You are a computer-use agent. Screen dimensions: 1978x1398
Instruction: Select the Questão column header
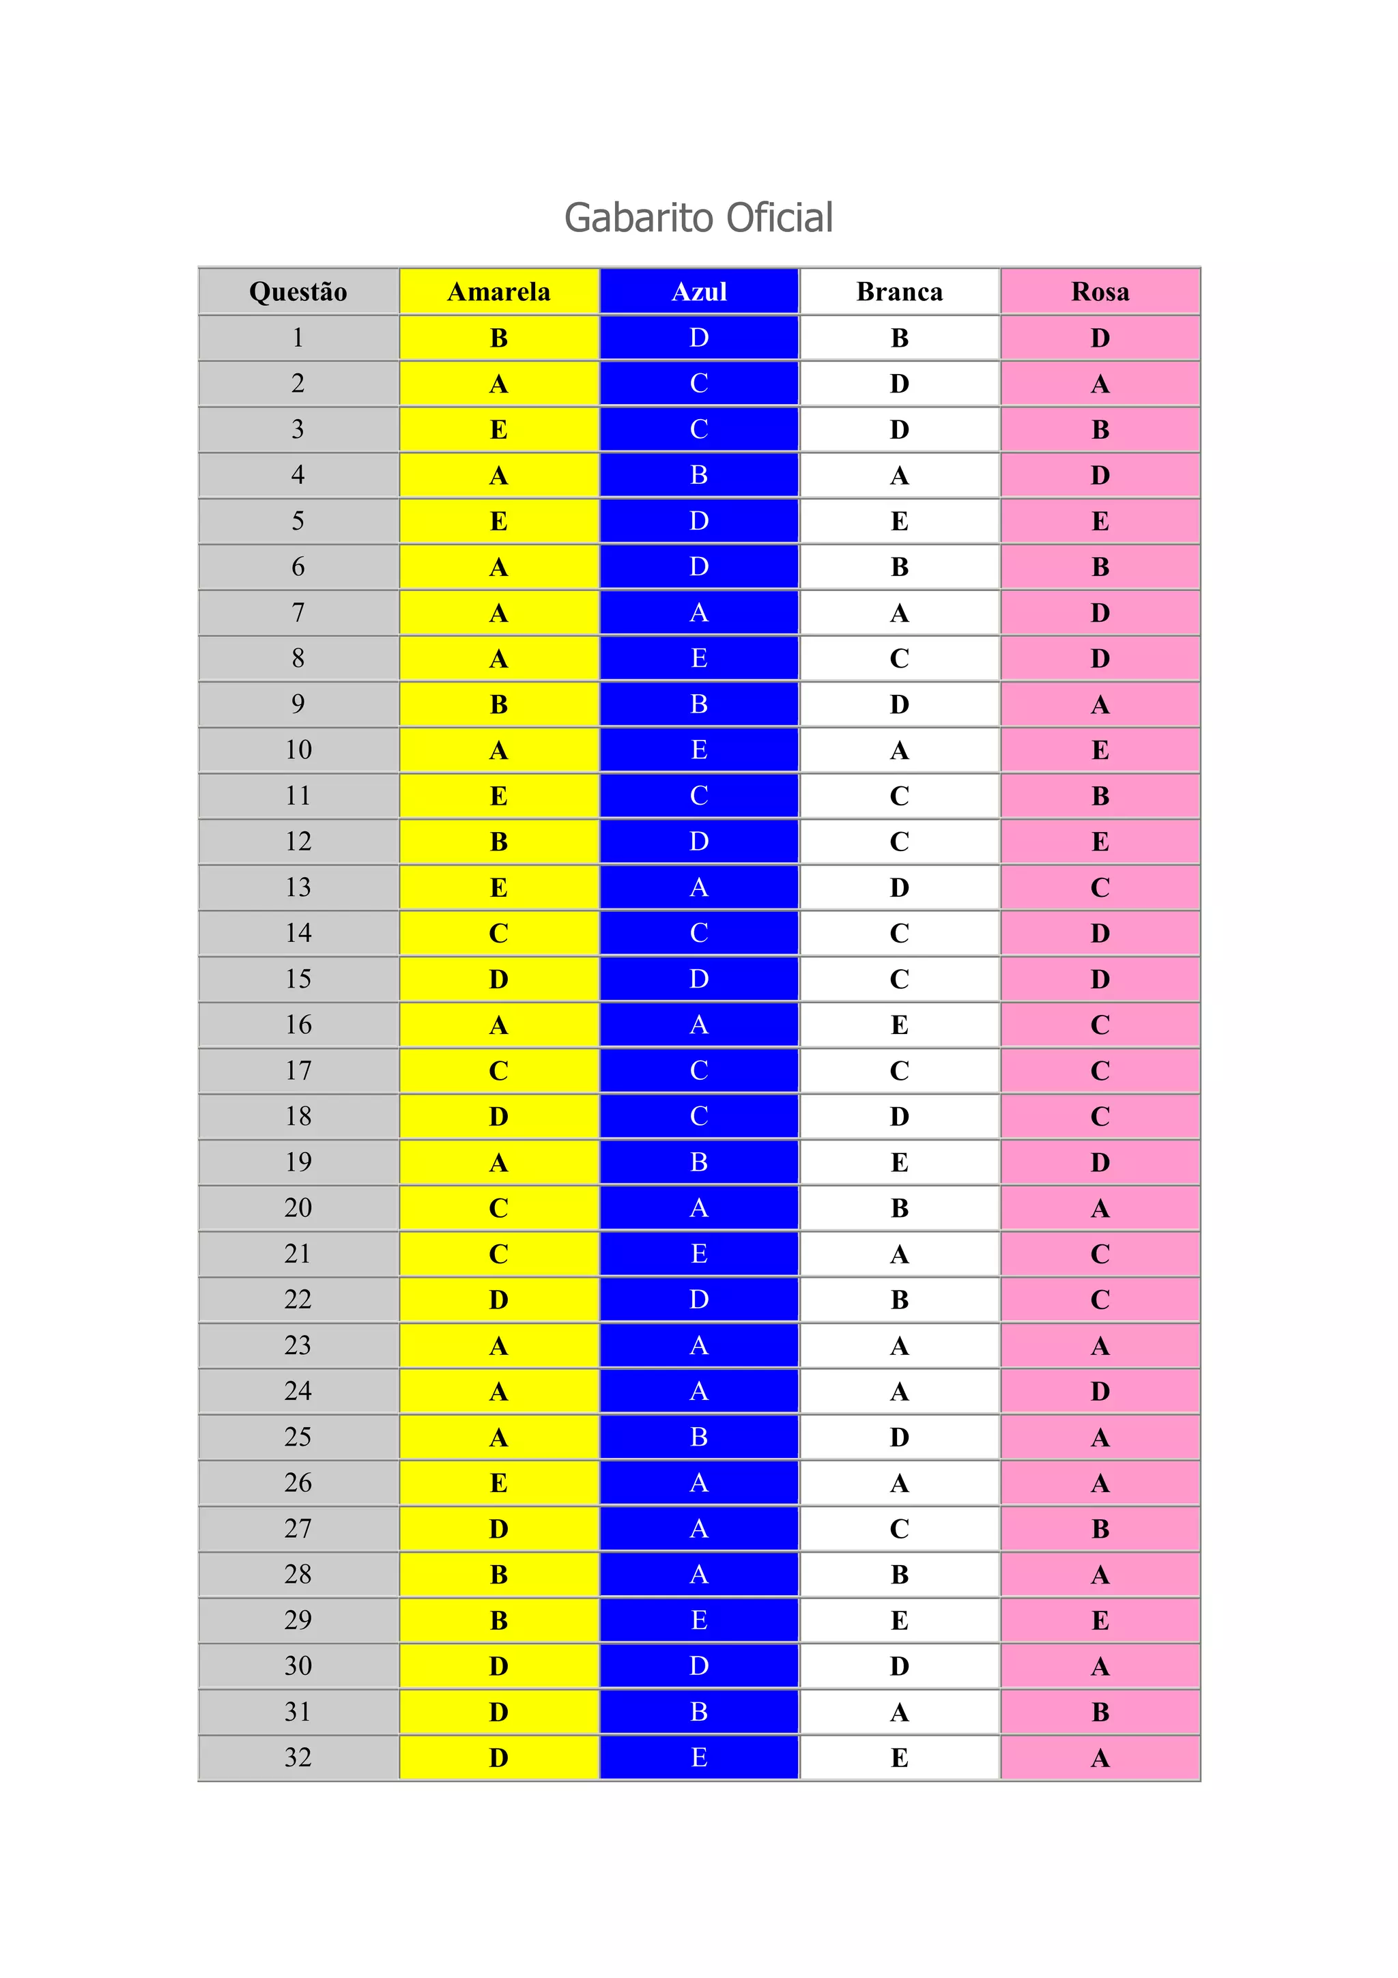click(298, 291)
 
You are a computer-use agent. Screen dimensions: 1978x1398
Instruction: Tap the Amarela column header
click(499, 291)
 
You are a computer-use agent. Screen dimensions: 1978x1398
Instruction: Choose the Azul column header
click(698, 291)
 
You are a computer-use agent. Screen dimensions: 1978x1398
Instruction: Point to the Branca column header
click(899, 291)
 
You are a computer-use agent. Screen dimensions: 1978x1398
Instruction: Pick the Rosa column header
click(1100, 291)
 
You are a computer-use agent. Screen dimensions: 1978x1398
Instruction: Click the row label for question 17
click(298, 1070)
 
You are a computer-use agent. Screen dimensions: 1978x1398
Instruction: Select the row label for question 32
click(298, 1757)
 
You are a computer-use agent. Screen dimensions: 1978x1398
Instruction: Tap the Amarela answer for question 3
click(499, 429)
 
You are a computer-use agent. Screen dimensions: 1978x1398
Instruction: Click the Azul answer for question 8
click(698, 658)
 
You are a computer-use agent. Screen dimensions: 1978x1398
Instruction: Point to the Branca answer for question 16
click(899, 1024)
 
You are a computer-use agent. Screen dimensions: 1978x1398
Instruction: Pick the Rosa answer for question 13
click(1100, 887)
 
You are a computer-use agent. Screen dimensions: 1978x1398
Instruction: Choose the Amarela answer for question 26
click(499, 1482)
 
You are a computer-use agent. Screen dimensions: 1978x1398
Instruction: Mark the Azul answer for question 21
click(698, 1253)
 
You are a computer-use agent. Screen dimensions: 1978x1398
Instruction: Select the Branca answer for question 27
click(899, 1528)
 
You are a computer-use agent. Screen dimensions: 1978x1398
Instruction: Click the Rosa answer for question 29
click(1100, 1620)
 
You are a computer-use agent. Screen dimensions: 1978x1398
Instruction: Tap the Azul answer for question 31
click(698, 1711)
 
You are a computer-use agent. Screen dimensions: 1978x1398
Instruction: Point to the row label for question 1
click(298, 338)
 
